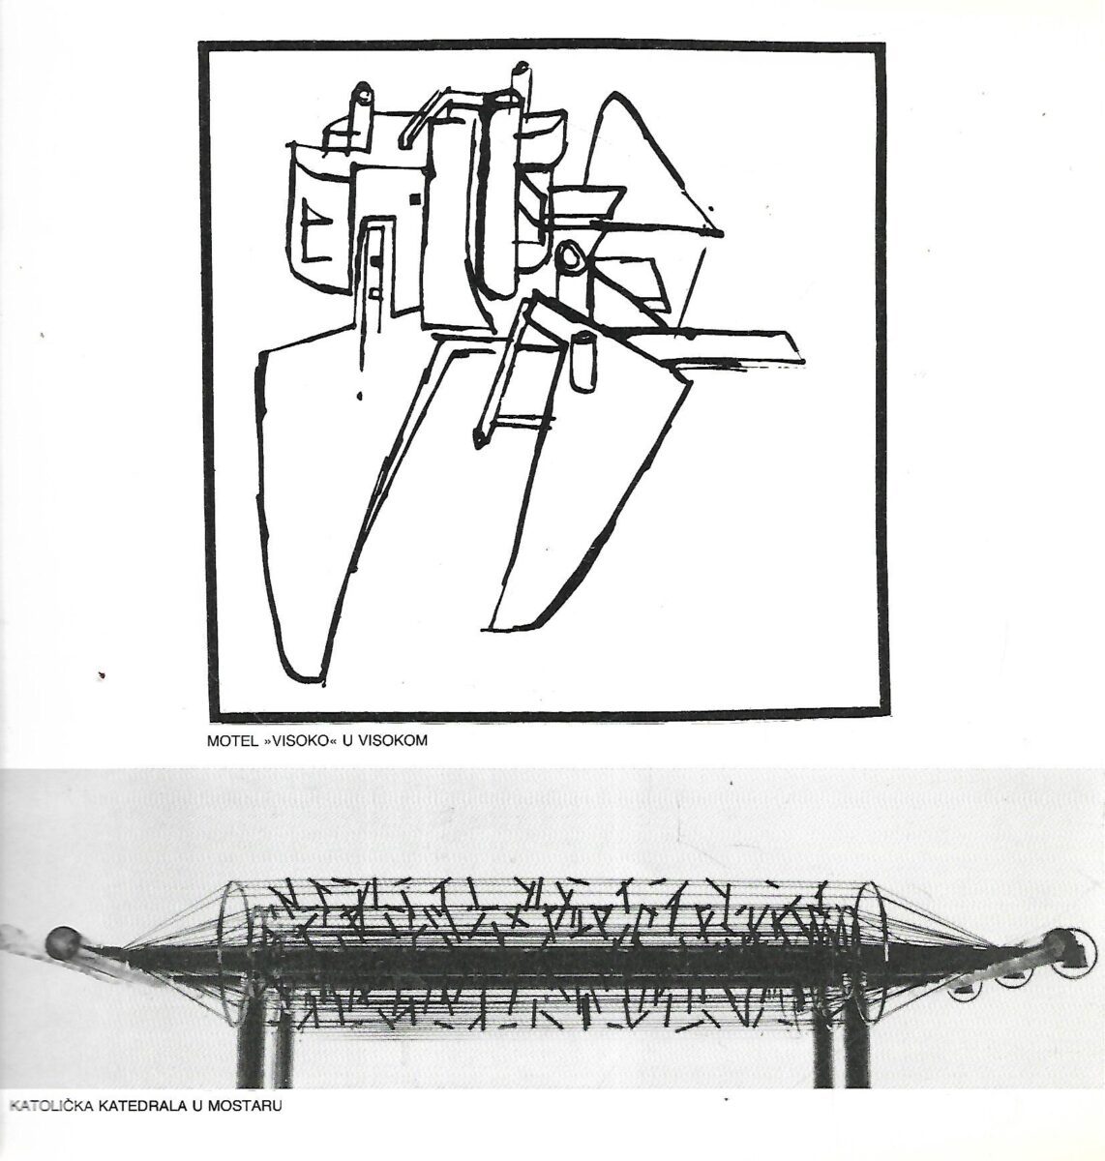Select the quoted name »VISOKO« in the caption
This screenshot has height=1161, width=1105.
(293, 740)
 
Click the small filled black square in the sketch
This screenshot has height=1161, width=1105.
(416, 199)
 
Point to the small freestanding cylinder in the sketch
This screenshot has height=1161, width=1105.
(582, 361)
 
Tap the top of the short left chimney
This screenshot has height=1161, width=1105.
(362, 93)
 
